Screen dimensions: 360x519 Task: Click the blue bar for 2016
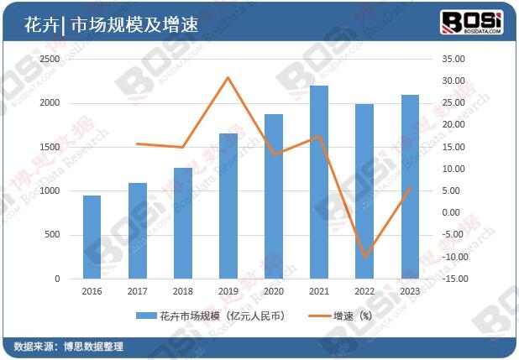click(92, 237)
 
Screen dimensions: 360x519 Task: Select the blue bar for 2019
click(228, 206)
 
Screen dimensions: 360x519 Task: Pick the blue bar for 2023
click(410, 186)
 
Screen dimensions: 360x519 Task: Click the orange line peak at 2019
click(228, 77)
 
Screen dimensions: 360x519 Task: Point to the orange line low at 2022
click(364, 257)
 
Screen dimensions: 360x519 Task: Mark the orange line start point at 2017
click(137, 143)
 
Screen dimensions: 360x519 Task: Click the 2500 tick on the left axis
click(50, 60)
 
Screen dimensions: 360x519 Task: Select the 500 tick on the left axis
click(54, 235)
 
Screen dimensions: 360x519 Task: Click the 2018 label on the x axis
click(182, 291)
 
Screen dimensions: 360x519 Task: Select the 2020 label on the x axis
click(274, 291)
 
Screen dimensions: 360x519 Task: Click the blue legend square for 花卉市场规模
click(152, 316)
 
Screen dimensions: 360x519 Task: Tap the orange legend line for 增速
click(316, 316)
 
